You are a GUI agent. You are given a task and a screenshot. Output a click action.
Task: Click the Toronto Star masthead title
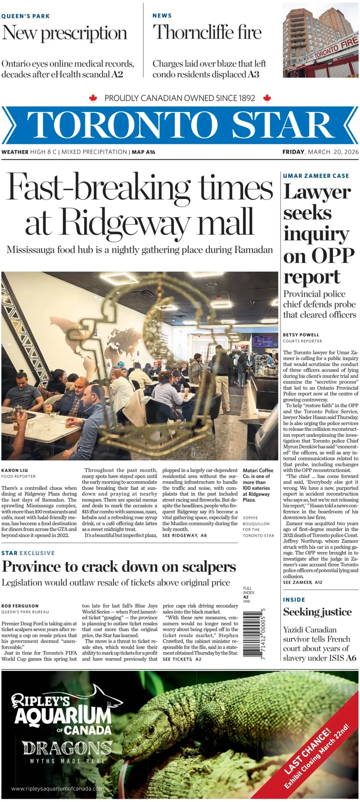click(180, 125)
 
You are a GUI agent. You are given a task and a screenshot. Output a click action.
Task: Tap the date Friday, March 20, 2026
click(320, 152)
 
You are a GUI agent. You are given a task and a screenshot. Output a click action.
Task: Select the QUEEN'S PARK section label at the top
click(26, 16)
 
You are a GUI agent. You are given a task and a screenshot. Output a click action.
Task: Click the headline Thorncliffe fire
click(207, 33)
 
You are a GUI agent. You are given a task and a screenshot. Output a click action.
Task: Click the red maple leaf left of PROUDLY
click(93, 98)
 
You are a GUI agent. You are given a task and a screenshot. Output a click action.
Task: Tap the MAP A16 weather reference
click(143, 152)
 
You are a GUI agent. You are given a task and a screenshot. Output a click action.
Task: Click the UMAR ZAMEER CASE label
click(316, 176)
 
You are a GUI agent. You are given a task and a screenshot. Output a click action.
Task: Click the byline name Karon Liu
click(15, 470)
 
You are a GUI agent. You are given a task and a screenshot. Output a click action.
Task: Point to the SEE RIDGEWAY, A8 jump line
click(184, 535)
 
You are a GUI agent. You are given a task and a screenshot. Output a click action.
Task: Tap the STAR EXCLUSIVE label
click(28, 553)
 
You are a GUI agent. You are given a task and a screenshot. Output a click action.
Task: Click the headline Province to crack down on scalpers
click(119, 567)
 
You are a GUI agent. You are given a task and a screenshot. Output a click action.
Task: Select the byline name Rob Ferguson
click(20, 606)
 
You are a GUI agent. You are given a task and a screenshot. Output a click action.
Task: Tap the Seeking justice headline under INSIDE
click(317, 612)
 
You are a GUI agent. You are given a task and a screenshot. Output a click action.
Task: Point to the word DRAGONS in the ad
click(67, 748)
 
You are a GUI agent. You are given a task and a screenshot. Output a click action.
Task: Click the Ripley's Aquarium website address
click(57, 789)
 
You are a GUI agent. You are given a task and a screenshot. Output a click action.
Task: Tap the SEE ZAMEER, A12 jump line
click(302, 582)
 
